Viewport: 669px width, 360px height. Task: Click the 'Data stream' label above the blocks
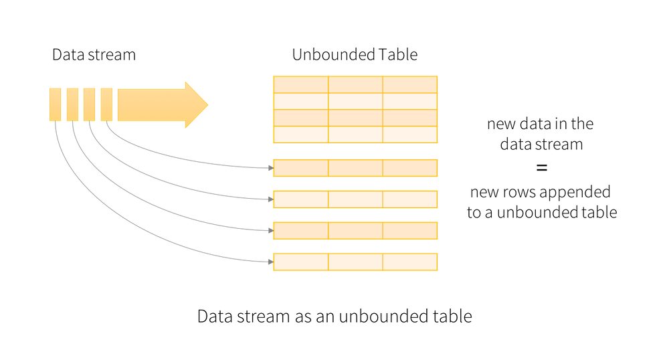click(94, 55)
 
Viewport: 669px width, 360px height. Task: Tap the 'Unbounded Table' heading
click(355, 55)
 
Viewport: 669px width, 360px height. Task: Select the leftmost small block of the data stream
click(56, 104)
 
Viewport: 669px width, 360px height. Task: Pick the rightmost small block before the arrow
click(106, 104)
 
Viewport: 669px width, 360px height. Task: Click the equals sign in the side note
click(541, 167)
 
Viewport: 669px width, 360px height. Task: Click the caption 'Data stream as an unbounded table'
click(334, 316)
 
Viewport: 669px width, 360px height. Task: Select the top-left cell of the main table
click(300, 84)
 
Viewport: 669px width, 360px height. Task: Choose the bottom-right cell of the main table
click(410, 134)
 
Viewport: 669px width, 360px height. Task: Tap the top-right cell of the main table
click(410, 84)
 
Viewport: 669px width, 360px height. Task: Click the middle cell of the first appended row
click(355, 168)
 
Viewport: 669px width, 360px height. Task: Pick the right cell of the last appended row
click(410, 262)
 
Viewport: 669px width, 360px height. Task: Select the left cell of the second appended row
click(300, 199)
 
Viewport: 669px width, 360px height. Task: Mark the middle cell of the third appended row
click(355, 230)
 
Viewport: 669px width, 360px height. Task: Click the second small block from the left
click(72, 104)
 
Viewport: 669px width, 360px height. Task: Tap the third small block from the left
click(89, 104)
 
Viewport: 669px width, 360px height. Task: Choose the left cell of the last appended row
click(300, 262)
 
